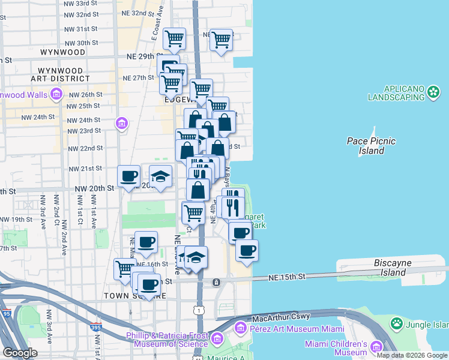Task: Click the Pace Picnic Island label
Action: click(372, 146)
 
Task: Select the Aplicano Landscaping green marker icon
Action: click(434, 92)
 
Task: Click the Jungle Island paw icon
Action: click(396, 324)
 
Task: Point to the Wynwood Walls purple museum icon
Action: click(56, 94)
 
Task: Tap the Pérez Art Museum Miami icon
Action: click(241, 328)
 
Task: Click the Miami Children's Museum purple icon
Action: click(376, 347)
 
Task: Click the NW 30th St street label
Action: click(83, 43)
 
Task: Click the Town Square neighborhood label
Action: click(125, 296)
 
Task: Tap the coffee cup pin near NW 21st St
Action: click(129, 176)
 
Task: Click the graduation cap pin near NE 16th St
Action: click(196, 257)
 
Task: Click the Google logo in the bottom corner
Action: click(20, 353)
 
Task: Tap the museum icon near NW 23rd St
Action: click(122, 124)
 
